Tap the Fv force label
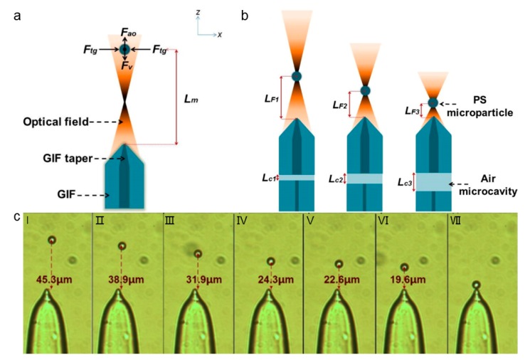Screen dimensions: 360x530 127,66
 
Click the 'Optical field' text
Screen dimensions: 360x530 57,122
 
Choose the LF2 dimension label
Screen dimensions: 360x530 339,105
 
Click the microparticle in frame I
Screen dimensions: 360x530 51,240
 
